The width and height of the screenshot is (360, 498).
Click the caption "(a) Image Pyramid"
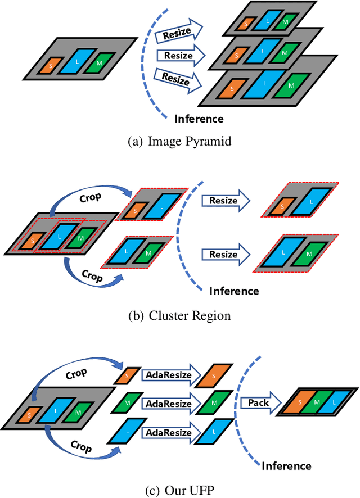pyautogui.click(x=180, y=142)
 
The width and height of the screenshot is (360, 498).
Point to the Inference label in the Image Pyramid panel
pyautogui.click(x=199, y=119)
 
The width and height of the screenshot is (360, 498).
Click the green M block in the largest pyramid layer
pyautogui.click(x=291, y=85)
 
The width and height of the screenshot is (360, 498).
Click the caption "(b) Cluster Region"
pyautogui.click(x=180, y=315)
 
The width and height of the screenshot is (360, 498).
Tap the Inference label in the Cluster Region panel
pyautogui.click(x=234, y=291)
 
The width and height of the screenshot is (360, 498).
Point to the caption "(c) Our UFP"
pyautogui.click(x=180, y=490)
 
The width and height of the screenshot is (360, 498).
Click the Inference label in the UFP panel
pyautogui.click(x=286, y=465)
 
